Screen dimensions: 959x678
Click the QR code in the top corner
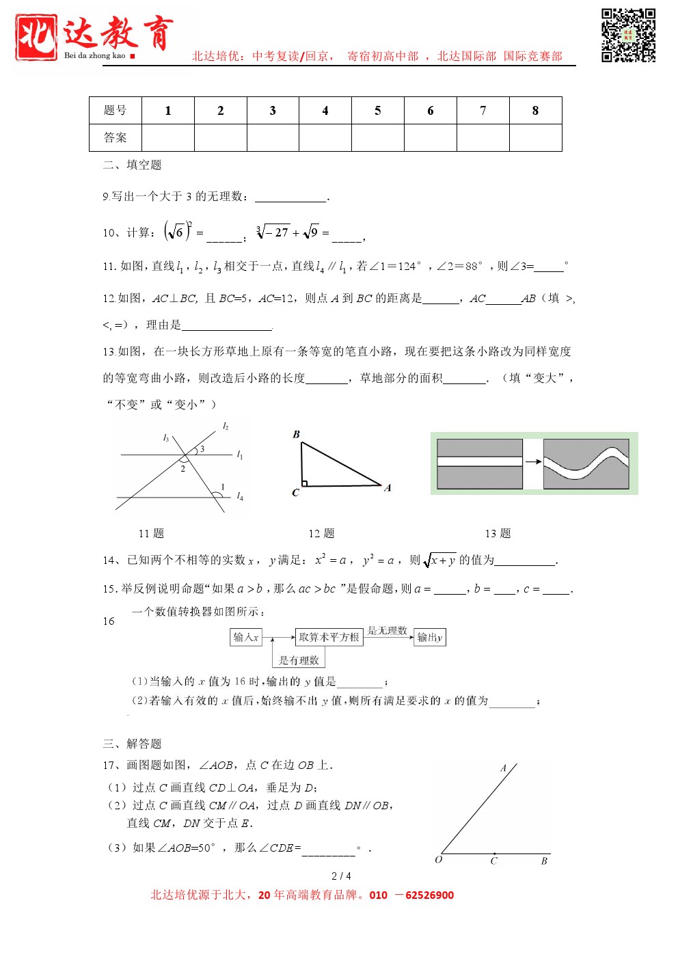point(628,36)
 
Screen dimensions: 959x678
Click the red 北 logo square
point(36,37)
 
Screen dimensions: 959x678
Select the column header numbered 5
point(378,111)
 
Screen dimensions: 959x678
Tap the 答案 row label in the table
point(115,137)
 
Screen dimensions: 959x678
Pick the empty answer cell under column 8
point(535,137)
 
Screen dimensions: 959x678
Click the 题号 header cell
point(115,111)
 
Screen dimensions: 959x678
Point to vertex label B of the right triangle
point(296,434)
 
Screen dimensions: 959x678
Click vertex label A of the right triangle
point(388,487)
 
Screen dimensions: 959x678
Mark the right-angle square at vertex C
point(304,483)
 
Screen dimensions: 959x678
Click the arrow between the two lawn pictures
point(533,462)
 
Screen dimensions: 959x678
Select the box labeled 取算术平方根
point(329,637)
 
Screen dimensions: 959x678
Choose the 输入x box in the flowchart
point(246,637)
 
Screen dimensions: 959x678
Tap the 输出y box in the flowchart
point(430,637)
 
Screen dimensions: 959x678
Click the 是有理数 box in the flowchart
point(299,660)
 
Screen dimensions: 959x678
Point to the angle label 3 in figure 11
point(202,449)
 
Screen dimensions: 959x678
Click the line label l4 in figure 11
point(240,497)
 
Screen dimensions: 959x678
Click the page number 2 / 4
point(341,876)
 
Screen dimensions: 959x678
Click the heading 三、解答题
point(132,744)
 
